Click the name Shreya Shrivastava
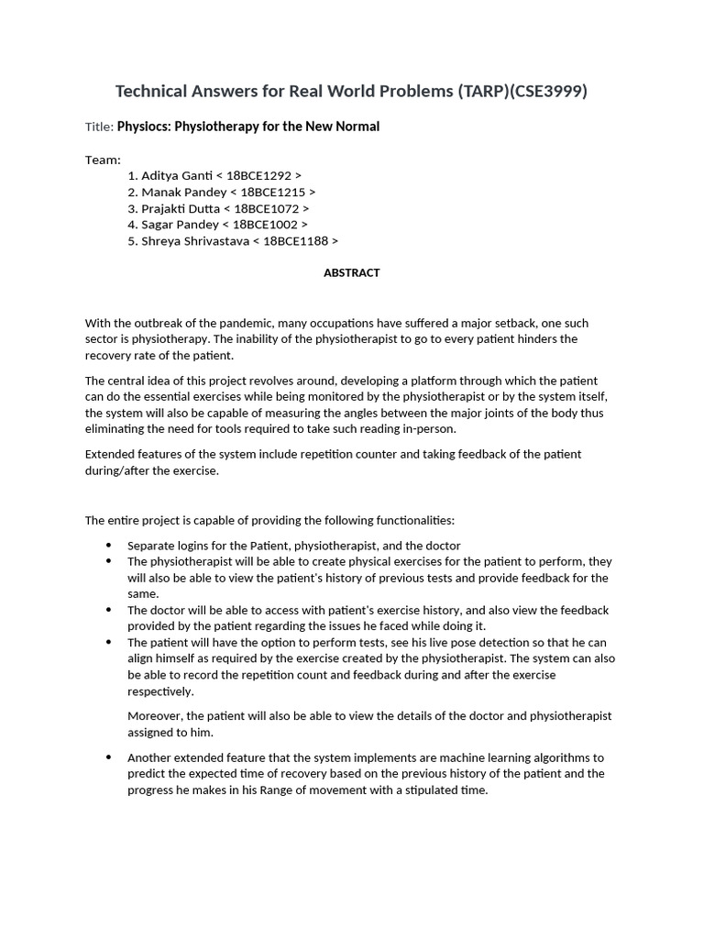193,241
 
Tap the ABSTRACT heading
351,273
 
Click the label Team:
103,160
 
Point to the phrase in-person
427,429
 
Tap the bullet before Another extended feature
110,757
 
